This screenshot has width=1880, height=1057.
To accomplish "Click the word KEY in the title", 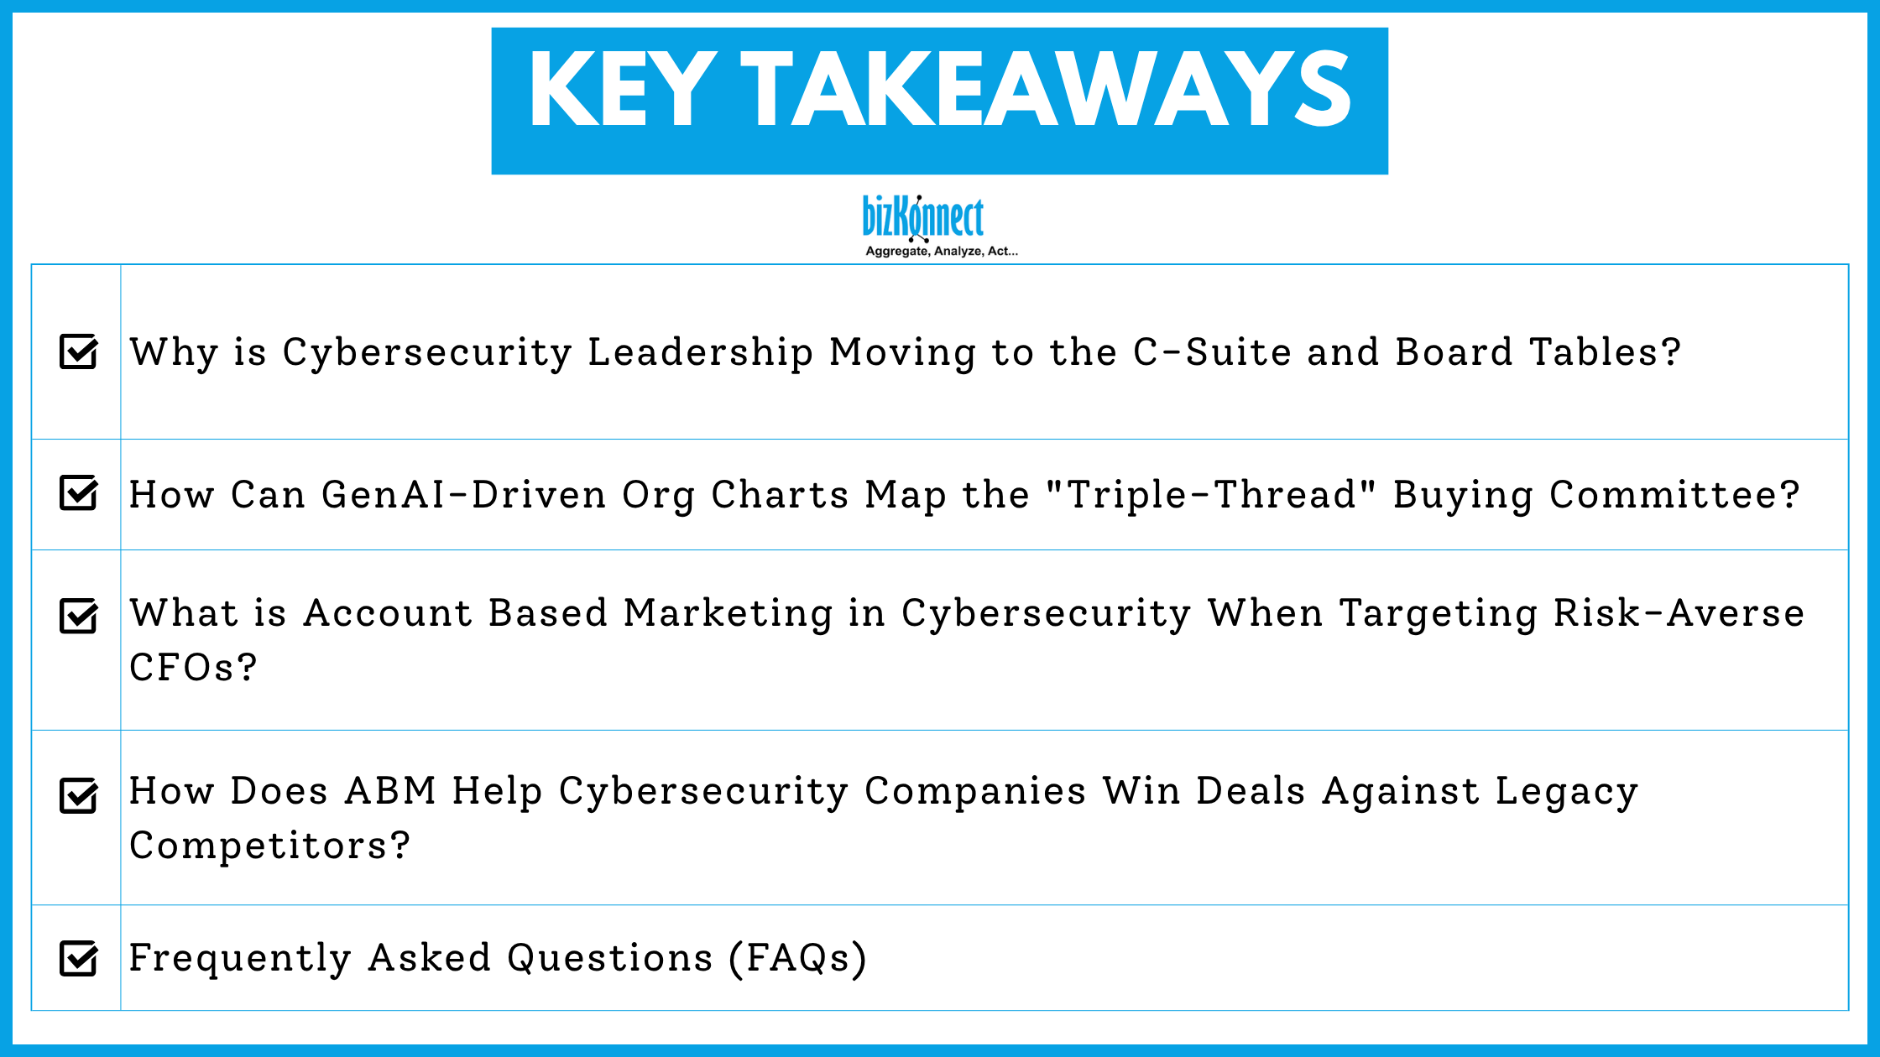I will [622, 90].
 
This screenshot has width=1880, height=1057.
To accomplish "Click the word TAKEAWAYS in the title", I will [1045, 90].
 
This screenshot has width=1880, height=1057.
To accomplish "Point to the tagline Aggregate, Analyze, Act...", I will [941, 251].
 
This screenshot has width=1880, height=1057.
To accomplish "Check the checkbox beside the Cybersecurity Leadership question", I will [79, 351].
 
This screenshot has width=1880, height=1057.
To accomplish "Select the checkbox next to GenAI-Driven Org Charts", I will [79, 493].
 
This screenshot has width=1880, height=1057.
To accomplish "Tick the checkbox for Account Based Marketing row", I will [79, 617].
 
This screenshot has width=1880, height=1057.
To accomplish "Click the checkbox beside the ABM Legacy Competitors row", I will [79, 795].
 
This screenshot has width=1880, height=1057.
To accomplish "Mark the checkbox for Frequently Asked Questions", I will [79, 958].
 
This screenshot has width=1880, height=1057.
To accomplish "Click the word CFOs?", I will [193, 668].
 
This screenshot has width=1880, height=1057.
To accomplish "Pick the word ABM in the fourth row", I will [390, 791].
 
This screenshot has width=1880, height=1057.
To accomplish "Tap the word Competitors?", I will [269, 846].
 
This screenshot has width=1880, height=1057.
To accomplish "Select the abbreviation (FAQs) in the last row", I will [797, 958].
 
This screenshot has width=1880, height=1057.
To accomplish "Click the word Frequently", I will [240, 958].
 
